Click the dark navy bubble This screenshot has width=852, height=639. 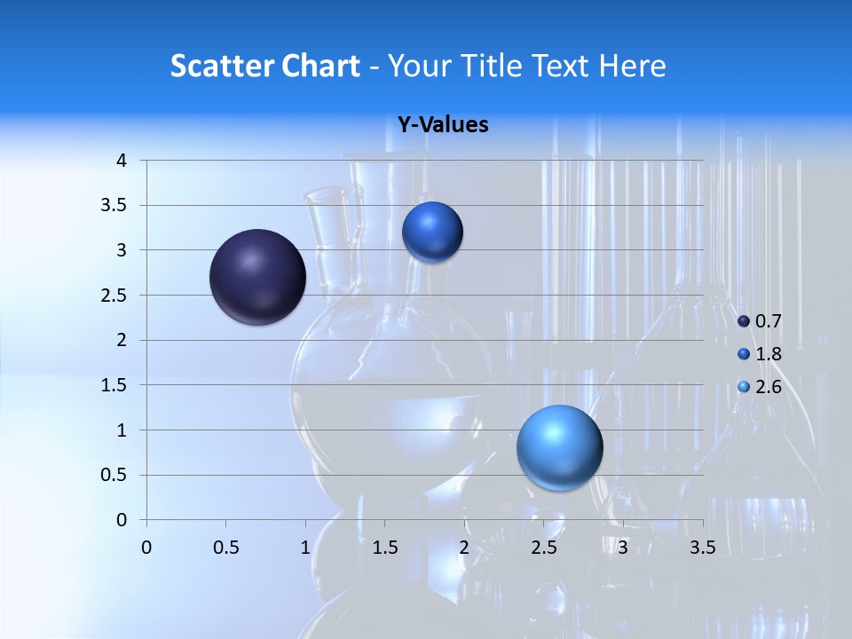click(x=257, y=277)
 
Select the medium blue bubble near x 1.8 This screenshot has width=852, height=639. click(x=432, y=233)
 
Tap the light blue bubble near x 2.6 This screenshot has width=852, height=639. click(x=559, y=447)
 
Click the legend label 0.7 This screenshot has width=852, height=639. click(x=768, y=321)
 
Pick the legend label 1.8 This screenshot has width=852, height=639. click(x=768, y=354)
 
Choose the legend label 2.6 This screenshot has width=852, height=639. click(x=768, y=387)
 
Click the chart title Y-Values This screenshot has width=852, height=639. click(x=443, y=125)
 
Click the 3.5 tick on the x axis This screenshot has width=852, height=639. click(x=702, y=548)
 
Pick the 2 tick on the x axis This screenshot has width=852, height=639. click(x=464, y=548)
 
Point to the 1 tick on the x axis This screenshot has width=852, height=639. click(x=305, y=548)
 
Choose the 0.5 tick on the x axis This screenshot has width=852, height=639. click(x=225, y=548)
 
